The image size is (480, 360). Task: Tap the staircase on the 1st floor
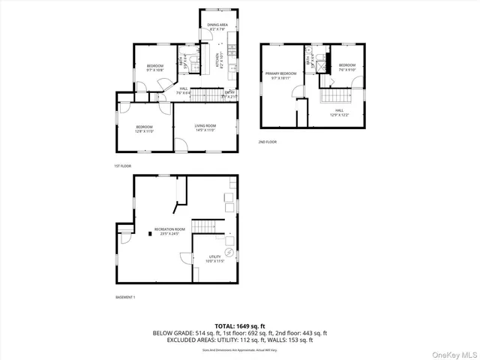point(204,94)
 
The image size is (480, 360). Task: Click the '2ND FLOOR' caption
point(268,142)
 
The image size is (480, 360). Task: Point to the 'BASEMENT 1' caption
point(125,298)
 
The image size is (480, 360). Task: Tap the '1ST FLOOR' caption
point(122,166)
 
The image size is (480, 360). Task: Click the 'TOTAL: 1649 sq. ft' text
point(240,326)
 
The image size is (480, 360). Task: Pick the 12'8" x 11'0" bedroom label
point(145,129)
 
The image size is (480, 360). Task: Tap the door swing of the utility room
point(185,262)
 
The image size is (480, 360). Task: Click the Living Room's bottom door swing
point(181,145)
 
